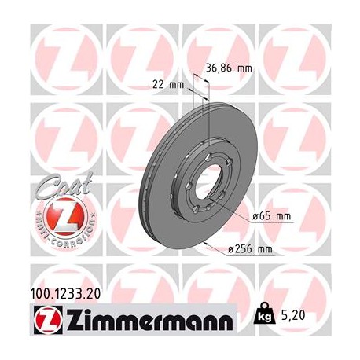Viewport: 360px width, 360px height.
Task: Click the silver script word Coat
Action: tap(57, 189)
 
